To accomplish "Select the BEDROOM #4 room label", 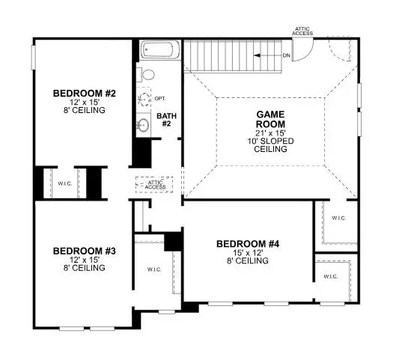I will [x=248, y=243].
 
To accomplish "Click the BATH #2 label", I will [x=165, y=119].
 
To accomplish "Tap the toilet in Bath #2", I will [x=146, y=75].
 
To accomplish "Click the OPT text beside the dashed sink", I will [x=160, y=98].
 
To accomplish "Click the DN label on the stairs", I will [x=285, y=55].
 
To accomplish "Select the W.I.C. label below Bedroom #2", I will [x=65, y=183].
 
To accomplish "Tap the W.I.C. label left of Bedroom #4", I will [x=153, y=269].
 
